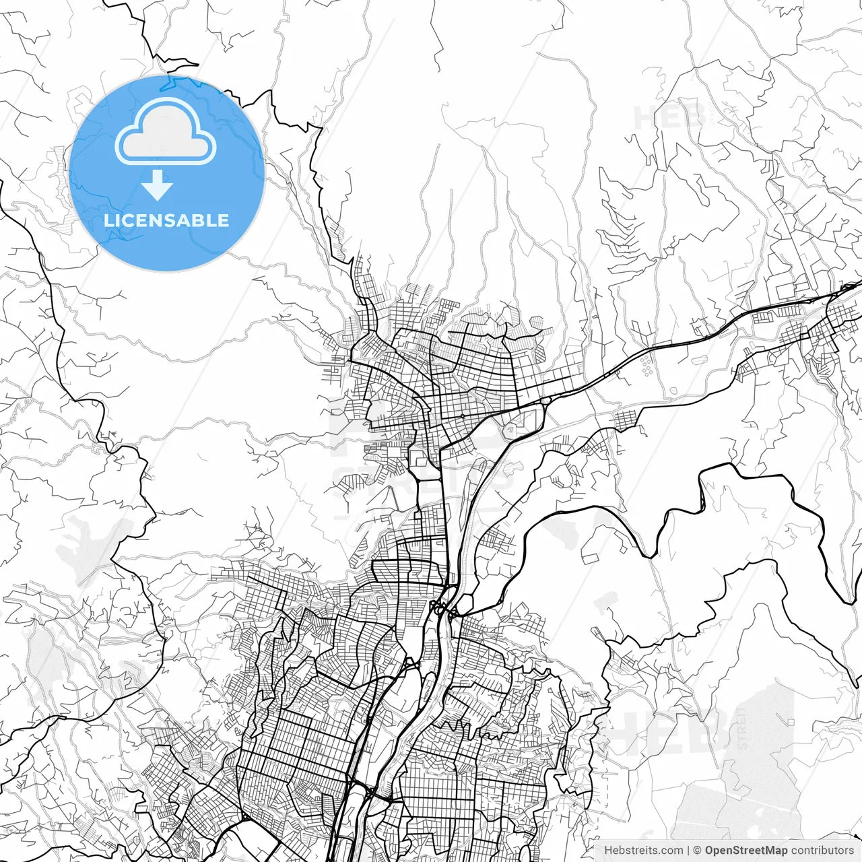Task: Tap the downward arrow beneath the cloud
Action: pyautogui.click(x=158, y=185)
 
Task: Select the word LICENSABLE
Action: pyautogui.click(x=166, y=220)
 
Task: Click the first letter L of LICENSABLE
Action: pyautogui.click(x=108, y=220)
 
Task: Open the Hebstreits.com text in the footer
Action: pyautogui.click(x=642, y=850)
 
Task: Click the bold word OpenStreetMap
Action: pyautogui.click(x=745, y=850)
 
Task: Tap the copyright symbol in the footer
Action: pyautogui.click(x=697, y=850)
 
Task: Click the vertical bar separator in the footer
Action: pyautogui.click(x=688, y=850)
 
